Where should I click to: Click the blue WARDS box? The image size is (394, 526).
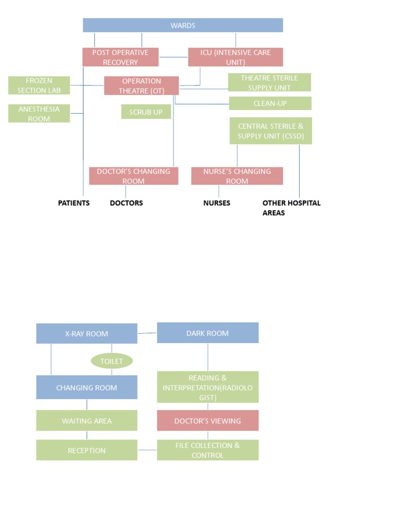pos(183,25)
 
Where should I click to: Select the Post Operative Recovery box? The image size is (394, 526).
pos(121,57)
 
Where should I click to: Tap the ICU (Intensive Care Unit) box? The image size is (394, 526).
pos(235,57)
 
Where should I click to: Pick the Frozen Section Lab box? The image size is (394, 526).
pos(39,85)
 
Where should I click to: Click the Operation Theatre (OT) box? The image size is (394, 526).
pos(142,86)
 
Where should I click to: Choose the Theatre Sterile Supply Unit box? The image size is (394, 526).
pos(270,82)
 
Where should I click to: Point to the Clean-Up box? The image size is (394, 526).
pos(270,103)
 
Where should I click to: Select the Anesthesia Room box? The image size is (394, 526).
pos(39,114)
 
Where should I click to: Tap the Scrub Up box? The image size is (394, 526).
pos(146,111)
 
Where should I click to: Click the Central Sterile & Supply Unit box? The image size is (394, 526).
pos(270,130)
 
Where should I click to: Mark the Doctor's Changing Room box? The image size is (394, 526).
pos(133,176)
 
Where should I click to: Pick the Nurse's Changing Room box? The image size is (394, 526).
pos(237,176)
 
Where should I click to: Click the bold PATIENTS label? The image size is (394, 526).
pos(74,203)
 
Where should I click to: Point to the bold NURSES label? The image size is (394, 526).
pos(216,203)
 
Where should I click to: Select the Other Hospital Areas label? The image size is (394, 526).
pos(291,208)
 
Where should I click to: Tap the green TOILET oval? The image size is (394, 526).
pos(112,361)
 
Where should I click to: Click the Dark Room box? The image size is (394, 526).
pos(208,333)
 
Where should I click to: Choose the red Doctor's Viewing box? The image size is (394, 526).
pos(208,421)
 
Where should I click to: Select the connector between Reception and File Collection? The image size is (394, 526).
pos(147,450)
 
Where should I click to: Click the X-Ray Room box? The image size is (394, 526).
pos(87,333)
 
